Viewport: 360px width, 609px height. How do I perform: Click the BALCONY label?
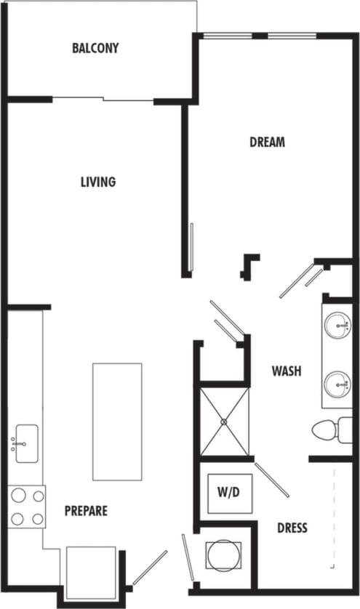tap(95, 49)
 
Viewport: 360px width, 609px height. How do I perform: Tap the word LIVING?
tap(98, 182)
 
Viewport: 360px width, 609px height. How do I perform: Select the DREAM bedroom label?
tap(267, 142)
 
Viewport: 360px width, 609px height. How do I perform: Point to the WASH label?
tap(287, 371)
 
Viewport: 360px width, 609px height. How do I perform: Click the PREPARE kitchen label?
tap(86, 511)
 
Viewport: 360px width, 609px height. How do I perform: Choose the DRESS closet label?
tap(292, 528)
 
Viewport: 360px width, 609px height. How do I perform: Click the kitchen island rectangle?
tap(117, 422)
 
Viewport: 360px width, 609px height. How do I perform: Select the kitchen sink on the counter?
tap(26, 443)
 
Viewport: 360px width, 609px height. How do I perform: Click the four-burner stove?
tap(27, 507)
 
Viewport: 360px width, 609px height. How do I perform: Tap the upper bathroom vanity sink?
tap(337, 324)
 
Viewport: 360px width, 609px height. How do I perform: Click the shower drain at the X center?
tap(224, 422)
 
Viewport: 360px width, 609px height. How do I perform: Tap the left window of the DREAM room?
tap(227, 35)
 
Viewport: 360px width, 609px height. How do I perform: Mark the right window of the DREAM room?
tap(292, 35)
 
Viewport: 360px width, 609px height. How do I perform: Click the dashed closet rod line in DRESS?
tap(334, 516)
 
